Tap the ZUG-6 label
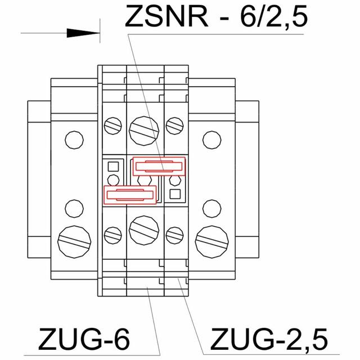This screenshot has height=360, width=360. point(84,339)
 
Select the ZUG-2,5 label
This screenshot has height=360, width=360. point(268,339)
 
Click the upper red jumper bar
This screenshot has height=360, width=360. point(159,166)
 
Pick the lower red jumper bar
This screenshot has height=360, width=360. point(130,195)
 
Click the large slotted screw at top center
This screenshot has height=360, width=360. point(144,129)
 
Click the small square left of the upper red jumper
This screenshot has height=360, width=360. point(112,166)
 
